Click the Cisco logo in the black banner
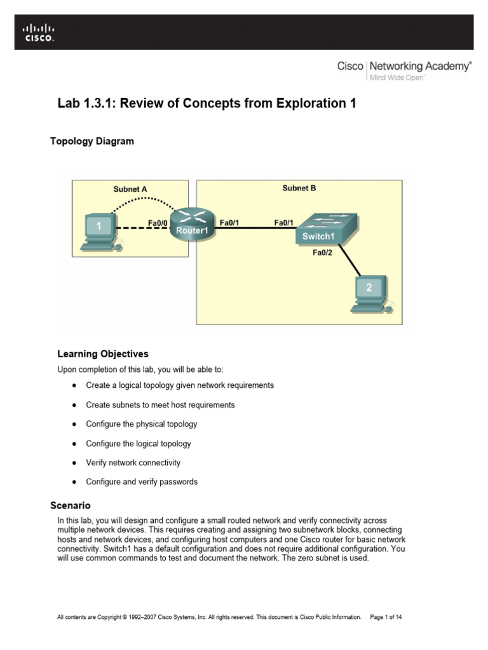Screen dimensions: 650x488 click(39, 32)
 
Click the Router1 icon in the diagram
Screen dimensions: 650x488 click(191, 224)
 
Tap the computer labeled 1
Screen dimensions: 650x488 click(99, 231)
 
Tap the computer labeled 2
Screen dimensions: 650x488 click(369, 293)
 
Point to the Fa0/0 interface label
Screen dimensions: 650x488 click(158, 223)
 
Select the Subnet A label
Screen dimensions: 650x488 click(130, 189)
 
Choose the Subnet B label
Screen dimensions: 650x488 click(299, 189)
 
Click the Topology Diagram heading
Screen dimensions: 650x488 click(92, 142)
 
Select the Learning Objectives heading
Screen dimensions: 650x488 click(103, 354)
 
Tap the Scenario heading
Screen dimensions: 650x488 click(71, 506)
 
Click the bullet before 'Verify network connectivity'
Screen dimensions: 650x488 click(74, 463)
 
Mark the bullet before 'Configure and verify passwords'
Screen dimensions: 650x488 click(74, 482)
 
